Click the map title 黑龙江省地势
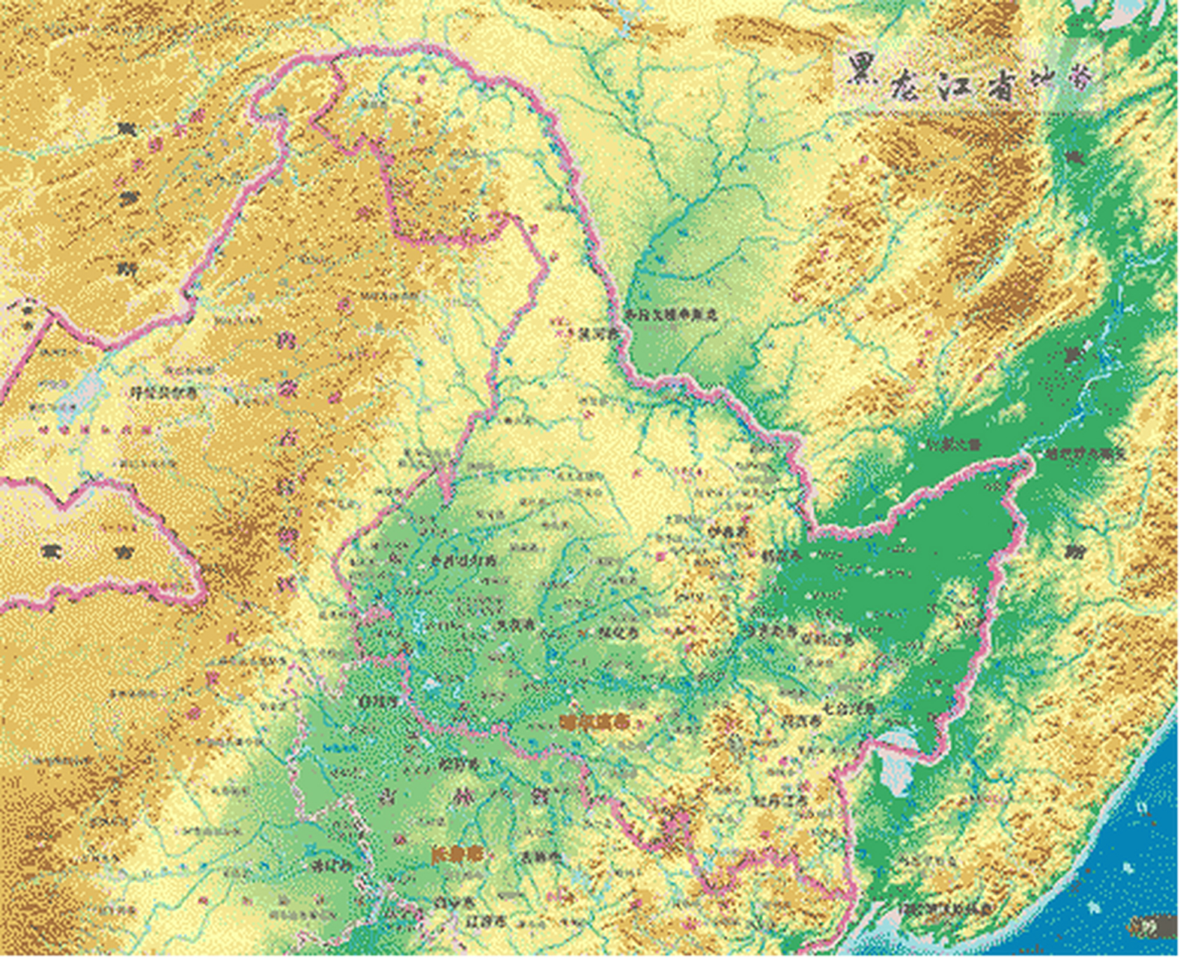(970, 77)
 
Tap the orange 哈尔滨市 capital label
(594, 722)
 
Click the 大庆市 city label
(516, 623)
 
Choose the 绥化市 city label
(618, 632)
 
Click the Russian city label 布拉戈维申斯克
(672, 315)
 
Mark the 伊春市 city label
(728, 531)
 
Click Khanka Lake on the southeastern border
(895, 763)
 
